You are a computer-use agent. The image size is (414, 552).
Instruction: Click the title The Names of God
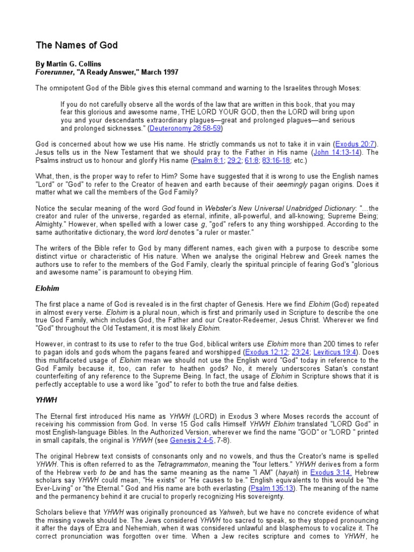[x=77, y=45]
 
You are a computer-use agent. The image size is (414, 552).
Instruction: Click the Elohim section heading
[x=47, y=288]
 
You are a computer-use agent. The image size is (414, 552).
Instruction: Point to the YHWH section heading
[x=46, y=401]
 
